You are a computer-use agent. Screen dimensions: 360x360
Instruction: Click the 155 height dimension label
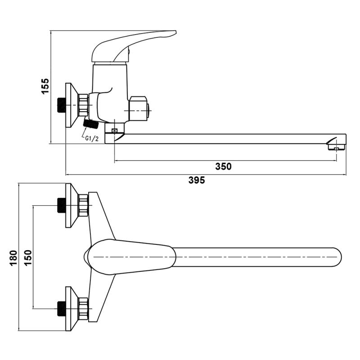click(45, 86)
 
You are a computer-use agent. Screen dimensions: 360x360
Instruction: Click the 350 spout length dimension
click(223, 166)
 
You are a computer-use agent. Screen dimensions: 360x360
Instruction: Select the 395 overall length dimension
click(197, 180)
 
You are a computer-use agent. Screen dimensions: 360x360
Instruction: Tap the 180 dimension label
click(13, 258)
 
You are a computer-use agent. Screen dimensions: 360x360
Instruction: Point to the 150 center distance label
click(28, 258)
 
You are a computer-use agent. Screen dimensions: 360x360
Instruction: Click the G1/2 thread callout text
click(92, 139)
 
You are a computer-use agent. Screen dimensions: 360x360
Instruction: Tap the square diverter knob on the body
click(139, 109)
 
